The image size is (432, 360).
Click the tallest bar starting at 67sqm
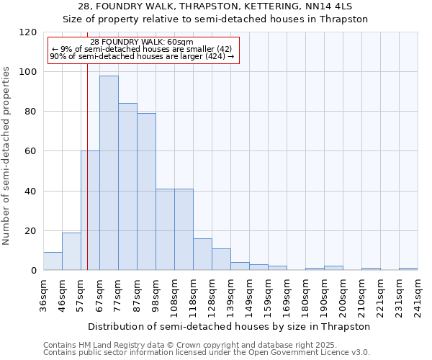[109, 173]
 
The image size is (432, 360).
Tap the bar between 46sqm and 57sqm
[71, 251]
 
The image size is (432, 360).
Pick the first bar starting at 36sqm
[53, 261]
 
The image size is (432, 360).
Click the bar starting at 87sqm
[146, 192]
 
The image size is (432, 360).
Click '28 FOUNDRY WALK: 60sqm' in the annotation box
[142, 42]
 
